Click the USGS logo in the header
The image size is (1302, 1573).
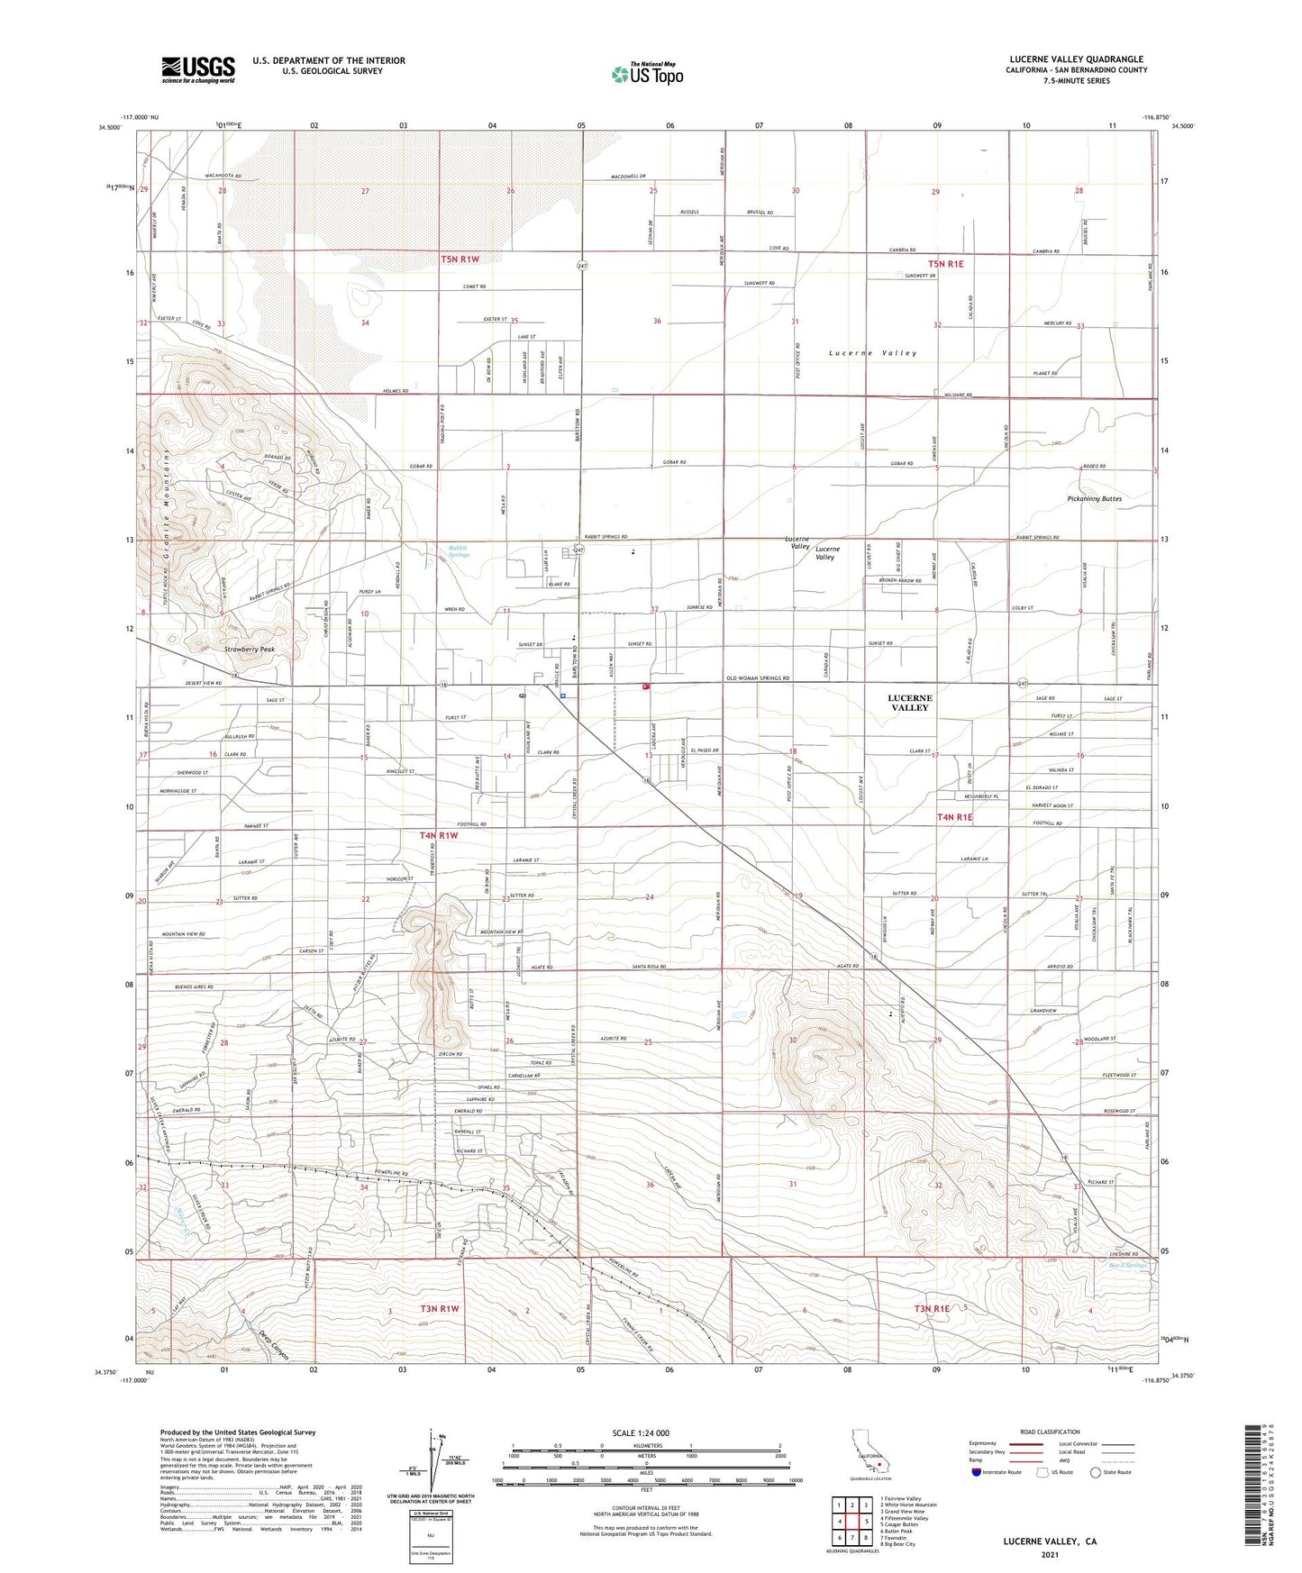[198, 69]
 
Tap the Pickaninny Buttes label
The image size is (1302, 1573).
[1093, 498]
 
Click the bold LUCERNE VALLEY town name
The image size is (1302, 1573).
[909, 703]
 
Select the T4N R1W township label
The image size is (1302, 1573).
[439, 836]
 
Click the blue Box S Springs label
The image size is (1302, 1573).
[1126, 1266]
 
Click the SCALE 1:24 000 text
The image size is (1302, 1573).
[645, 1433]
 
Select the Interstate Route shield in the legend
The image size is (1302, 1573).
[976, 1471]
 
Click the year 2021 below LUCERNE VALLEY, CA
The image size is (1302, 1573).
[1049, 1555]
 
